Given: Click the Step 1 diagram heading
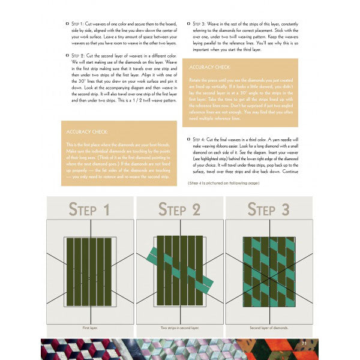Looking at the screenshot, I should tap(89, 210).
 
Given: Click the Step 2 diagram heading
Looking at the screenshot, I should tap(179, 209).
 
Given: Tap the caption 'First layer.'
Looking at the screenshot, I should tap(89, 328).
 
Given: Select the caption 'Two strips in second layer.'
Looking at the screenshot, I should tap(179, 328).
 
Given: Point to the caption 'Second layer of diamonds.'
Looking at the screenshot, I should tap(270, 328).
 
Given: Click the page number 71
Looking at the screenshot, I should tap(304, 343).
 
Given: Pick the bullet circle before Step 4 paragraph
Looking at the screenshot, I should tap(189, 140).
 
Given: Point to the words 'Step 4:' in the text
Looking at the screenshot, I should tap(205, 140).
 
